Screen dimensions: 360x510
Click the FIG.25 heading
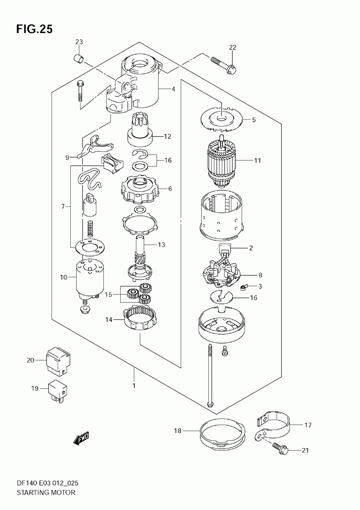pyautogui.click(x=34, y=29)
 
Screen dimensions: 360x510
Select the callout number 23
pyautogui.click(x=79, y=42)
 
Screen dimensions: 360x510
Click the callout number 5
pyautogui.click(x=254, y=120)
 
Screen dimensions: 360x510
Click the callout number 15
pyautogui.click(x=108, y=295)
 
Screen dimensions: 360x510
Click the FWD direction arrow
pyautogui.click(x=81, y=438)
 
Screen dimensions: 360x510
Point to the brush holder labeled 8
pyautogui.click(x=221, y=274)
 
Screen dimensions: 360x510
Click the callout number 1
pyautogui.click(x=134, y=386)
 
